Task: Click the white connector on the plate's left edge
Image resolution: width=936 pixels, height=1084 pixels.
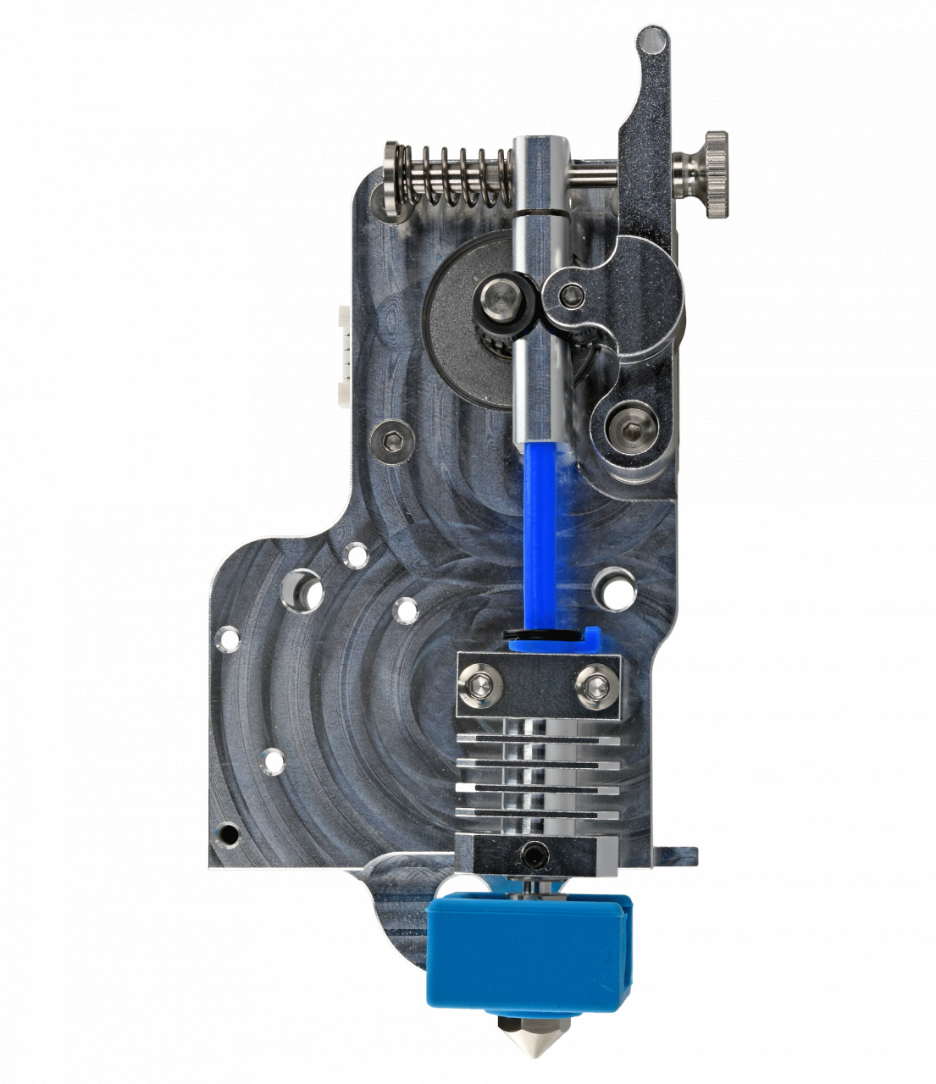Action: pyautogui.click(x=343, y=351)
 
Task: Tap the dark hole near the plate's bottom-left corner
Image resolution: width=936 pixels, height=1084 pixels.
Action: pyautogui.click(x=226, y=833)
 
